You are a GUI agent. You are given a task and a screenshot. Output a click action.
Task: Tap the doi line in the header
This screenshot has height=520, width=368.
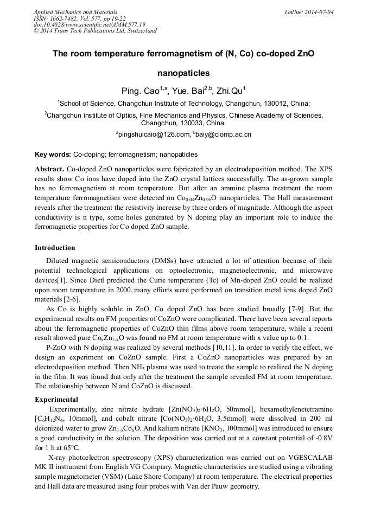point(89,24)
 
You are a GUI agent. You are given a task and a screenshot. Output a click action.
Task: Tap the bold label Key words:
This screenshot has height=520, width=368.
point(53,155)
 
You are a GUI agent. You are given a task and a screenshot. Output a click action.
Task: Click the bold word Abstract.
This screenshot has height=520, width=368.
point(50,169)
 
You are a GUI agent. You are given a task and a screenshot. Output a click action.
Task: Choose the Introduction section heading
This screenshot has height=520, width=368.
point(55,248)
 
